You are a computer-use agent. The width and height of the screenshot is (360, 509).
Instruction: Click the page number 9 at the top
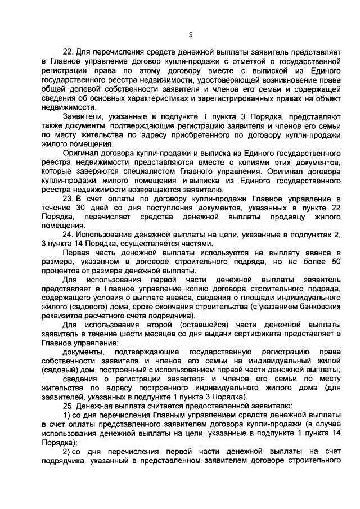click(x=191, y=35)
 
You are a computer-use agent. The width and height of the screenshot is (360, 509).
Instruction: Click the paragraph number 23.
click(x=67, y=199)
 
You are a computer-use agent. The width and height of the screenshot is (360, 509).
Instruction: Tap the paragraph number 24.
click(x=67, y=235)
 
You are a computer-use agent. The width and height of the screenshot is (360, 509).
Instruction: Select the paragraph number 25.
click(x=67, y=405)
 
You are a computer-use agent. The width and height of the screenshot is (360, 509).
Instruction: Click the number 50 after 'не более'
click(x=334, y=262)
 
